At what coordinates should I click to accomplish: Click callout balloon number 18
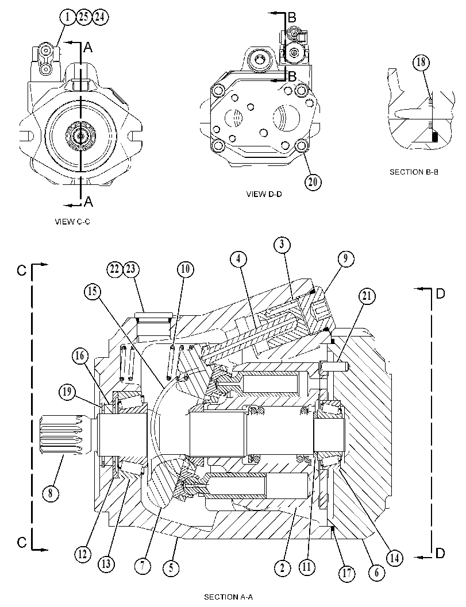click(x=421, y=62)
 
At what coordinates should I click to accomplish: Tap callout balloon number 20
click(x=313, y=181)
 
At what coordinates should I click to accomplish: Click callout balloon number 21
click(x=367, y=296)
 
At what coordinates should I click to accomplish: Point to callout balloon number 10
click(x=186, y=269)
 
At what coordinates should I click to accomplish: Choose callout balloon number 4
click(x=238, y=258)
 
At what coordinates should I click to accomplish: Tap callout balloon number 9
click(x=345, y=258)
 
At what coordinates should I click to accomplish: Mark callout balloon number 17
click(x=346, y=573)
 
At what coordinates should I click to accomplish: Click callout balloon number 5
click(x=171, y=568)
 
